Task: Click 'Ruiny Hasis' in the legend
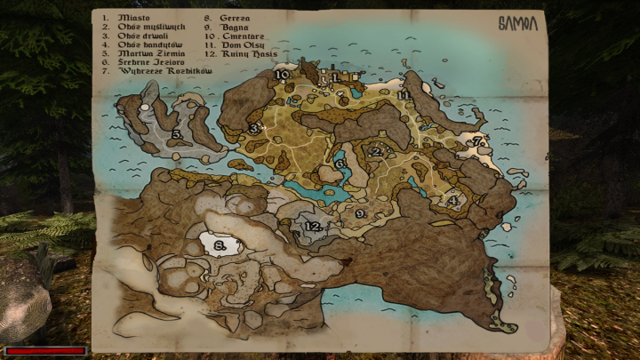pos(251,54)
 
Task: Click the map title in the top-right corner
pos(517,24)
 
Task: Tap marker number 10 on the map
pos(281,76)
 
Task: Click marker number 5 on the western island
pos(177,134)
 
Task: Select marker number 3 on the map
pos(253,129)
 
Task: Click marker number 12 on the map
pos(312,227)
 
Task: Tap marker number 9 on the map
pos(360,213)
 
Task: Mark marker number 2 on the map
pos(376,152)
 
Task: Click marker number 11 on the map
pos(404,95)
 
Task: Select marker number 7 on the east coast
pos(476,141)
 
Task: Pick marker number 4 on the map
pos(452,201)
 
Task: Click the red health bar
pos(45,351)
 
